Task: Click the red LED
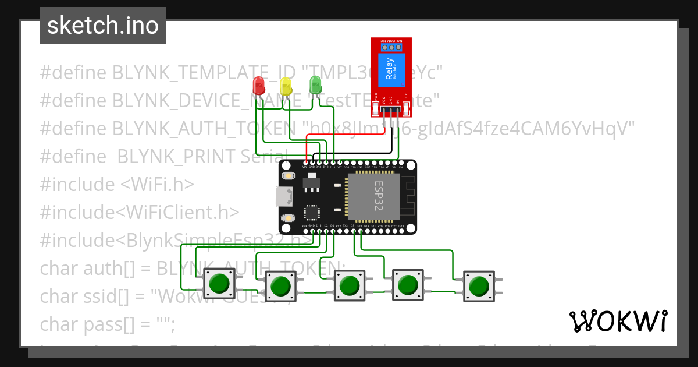click(x=259, y=86)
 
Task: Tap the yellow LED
click(x=286, y=86)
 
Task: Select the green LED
click(x=315, y=84)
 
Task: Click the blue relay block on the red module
click(x=390, y=69)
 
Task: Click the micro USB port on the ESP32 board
click(x=283, y=197)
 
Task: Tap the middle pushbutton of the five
click(x=349, y=286)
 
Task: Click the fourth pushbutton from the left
click(x=408, y=285)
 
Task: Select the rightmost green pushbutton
click(x=479, y=286)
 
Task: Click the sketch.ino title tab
click(x=103, y=26)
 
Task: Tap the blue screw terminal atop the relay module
click(x=391, y=47)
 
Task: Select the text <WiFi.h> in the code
click(x=157, y=185)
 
